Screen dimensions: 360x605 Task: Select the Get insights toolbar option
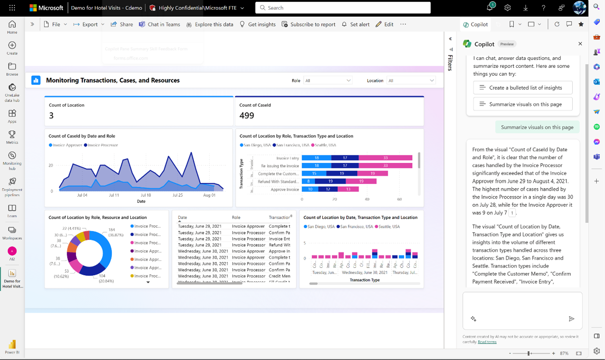click(258, 24)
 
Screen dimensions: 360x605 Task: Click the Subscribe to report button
click(309, 24)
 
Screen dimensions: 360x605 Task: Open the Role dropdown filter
click(328, 81)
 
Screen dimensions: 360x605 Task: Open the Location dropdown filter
click(411, 81)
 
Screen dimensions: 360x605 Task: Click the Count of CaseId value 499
click(247, 116)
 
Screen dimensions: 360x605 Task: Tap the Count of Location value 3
click(51, 116)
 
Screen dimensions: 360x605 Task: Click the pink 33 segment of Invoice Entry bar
click(385, 158)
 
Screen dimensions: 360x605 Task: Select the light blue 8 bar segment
click(308, 181)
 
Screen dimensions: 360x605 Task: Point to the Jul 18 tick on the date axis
click(146, 195)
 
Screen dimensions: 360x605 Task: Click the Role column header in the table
click(236, 217)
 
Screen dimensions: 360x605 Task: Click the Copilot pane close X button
click(580, 44)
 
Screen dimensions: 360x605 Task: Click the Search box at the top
click(343, 8)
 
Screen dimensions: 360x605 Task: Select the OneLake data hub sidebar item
click(12, 93)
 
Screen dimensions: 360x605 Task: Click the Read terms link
click(487, 342)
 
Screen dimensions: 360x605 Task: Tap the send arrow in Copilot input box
click(571, 319)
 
